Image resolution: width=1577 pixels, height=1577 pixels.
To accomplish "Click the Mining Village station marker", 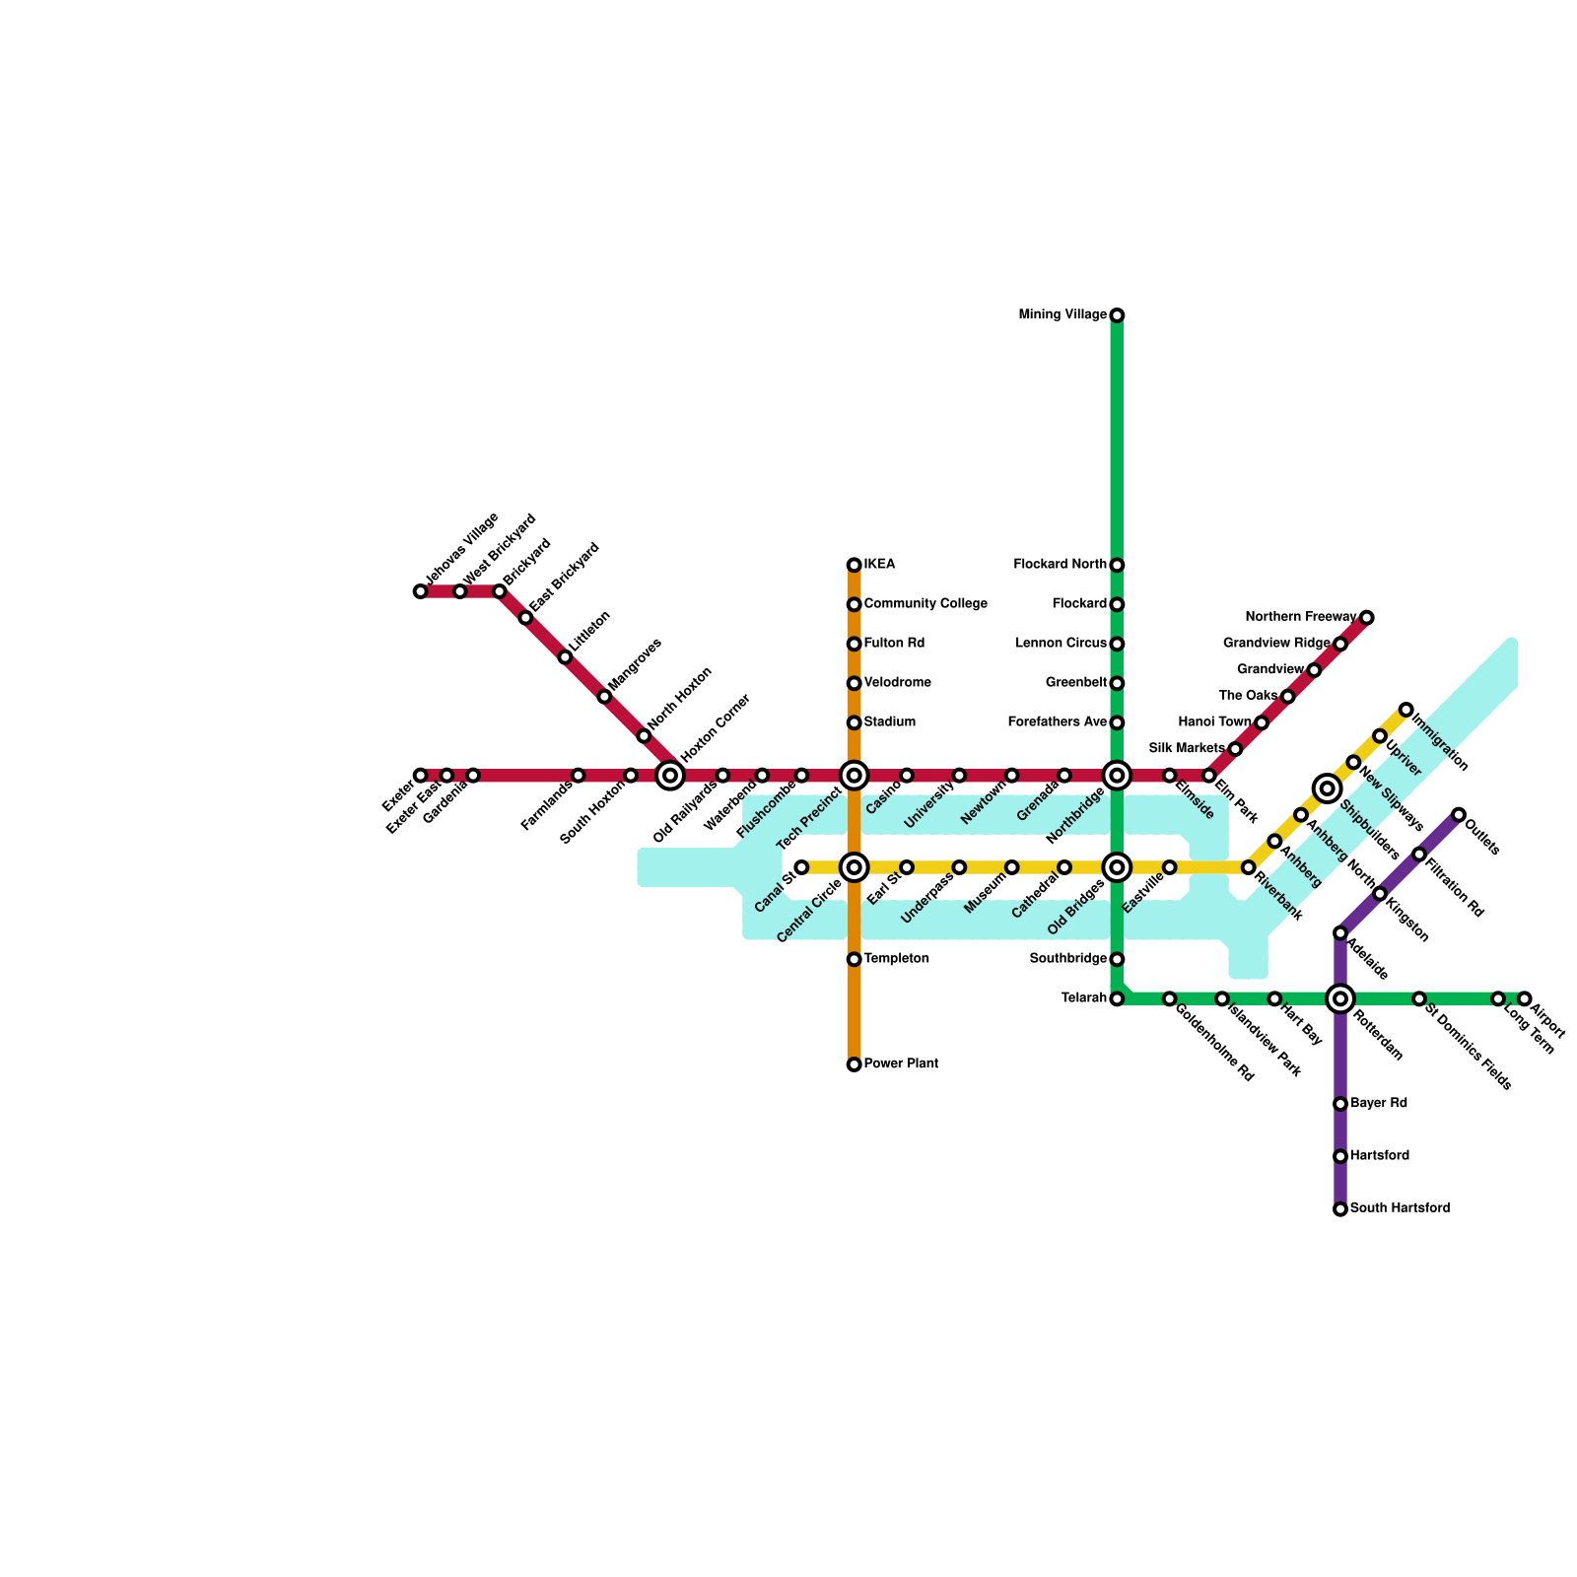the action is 1117,315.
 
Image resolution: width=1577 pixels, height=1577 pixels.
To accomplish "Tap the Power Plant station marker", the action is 854,1064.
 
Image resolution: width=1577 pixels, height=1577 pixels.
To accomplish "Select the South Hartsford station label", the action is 1400,1208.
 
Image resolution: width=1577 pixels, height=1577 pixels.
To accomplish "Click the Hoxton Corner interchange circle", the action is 670,776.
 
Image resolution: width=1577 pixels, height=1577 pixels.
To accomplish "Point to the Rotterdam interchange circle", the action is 1340,998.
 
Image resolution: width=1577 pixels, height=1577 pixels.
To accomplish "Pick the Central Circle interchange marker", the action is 855,867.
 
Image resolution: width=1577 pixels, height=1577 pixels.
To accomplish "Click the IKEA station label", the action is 879,565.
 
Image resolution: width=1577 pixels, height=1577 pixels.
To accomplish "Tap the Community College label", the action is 926,604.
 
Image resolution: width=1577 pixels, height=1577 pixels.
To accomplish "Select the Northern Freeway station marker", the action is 1366,618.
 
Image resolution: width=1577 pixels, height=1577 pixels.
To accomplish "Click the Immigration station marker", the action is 1406,710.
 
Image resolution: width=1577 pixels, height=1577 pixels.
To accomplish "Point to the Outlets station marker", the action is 1459,814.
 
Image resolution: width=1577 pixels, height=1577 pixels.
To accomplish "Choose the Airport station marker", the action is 1525,998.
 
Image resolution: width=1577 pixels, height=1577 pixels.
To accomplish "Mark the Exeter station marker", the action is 421,776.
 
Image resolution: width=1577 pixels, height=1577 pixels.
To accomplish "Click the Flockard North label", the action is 1060,565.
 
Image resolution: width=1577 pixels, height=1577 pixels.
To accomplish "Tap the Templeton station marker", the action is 854,959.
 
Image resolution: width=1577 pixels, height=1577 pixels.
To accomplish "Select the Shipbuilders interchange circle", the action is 1328,788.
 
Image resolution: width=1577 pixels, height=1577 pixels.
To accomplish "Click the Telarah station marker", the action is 1117,998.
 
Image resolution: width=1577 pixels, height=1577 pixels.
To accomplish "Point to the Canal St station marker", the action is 801,867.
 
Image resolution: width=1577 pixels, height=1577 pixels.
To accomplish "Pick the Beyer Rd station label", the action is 1378,1104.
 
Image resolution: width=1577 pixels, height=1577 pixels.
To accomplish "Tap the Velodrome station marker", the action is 854,683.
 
